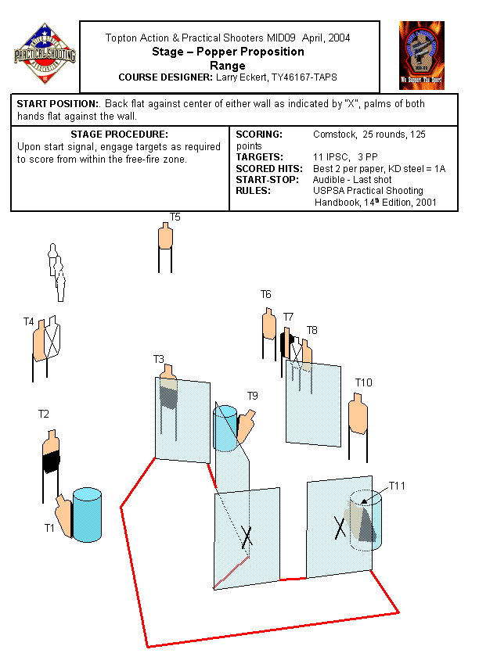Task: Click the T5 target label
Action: click(175, 217)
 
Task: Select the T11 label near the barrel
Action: click(398, 486)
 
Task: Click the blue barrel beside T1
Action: click(88, 513)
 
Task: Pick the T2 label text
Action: click(44, 414)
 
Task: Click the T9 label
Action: click(252, 396)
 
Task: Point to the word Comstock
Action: click(334, 135)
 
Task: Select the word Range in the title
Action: click(229, 66)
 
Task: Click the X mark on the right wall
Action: click(340, 528)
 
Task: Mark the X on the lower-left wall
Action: click(247, 537)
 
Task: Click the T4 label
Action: click(29, 321)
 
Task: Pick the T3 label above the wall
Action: click(159, 359)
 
